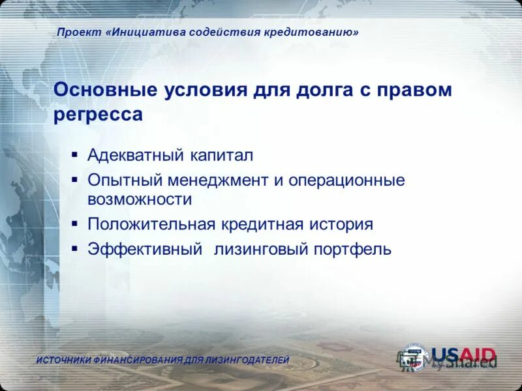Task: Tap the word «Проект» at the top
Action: pos(78,32)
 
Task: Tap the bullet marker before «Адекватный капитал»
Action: pos(75,156)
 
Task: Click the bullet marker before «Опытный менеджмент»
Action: pos(75,179)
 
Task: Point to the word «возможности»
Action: pos(140,200)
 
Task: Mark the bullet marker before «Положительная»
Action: pos(75,224)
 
